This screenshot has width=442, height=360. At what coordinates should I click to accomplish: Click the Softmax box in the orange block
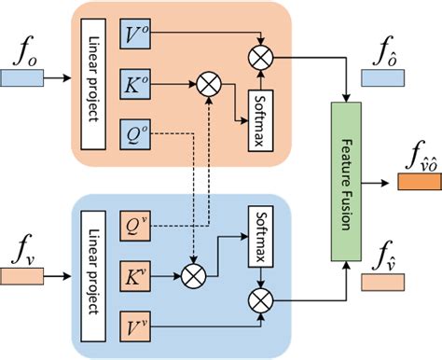tap(259, 112)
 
